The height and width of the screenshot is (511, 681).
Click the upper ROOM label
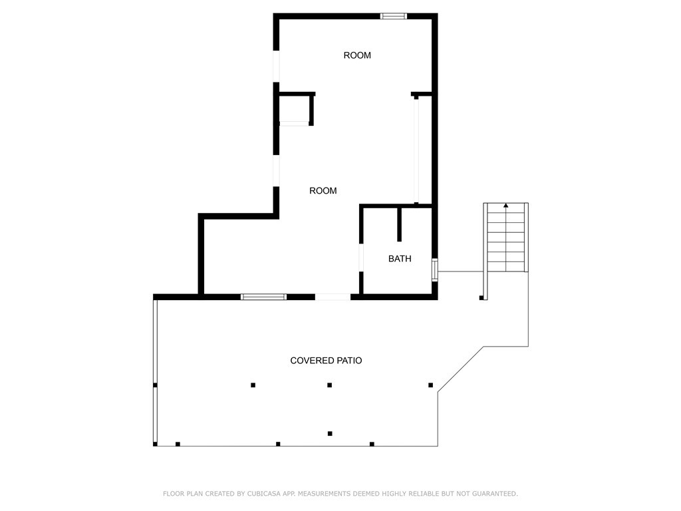pyautogui.click(x=357, y=55)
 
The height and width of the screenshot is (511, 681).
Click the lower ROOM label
pyautogui.click(x=323, y=191)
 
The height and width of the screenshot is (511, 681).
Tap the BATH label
pyautogui.click(x=400, y=259)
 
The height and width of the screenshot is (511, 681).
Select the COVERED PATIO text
pyautogui.click(x=326, y=361)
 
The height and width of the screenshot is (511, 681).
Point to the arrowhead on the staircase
pyautogui.click(x=506, y=206)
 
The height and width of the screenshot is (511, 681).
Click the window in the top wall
pyautogui.click(x=393, y=16)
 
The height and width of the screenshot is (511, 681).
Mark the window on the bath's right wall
pyautogui.click(x=435, y=270)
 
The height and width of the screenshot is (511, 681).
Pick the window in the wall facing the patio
pyautogui.click(x=263, y=297)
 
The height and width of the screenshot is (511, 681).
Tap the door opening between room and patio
pyautogui.click(x=333, y=297)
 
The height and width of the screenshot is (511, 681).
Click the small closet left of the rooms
pyautogui.click(x=294, y=108)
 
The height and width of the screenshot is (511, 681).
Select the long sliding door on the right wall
pyautogui.click(x=416, y=150)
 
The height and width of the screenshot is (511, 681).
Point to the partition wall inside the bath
pyautogui.click(x=399, y=224)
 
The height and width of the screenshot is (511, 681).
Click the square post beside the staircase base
pyautogui.click(x=481, y=297)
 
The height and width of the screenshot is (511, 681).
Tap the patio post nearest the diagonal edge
pyautogui.click(x=431, y=385)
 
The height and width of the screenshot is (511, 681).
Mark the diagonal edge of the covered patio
pyautogui.click(x=460, y=369)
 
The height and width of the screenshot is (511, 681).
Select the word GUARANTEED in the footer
pyautogui.click(x=492, y=494)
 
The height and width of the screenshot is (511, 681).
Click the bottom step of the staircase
pyautogui.click(x=506, y=267)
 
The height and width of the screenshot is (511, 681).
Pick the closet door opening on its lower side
pyautogui.click(x=294, y=123)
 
